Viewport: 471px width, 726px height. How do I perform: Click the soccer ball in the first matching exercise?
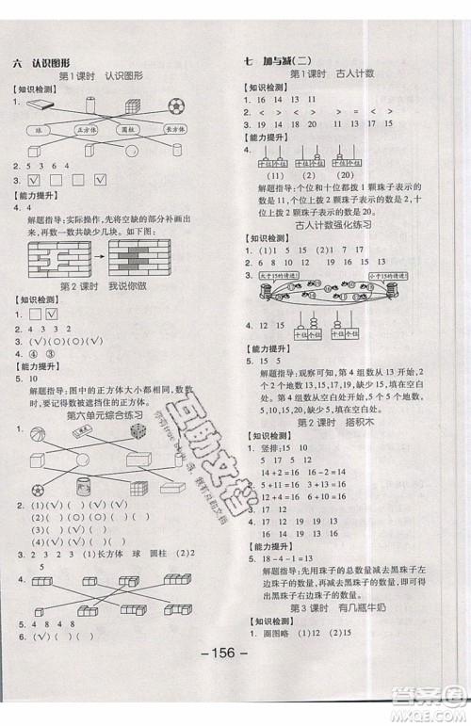[177, 105]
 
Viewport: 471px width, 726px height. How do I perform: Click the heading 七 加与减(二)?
[281, 62]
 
